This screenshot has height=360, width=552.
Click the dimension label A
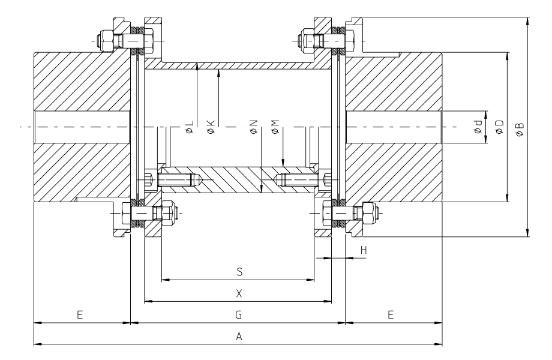(x=239, y=337)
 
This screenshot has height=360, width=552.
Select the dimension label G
(x=239, y=314)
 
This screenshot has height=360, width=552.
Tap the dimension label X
(x=239, y=293)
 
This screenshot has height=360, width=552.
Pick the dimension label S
(x=239, y=272)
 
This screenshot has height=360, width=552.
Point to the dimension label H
(x=364, y=249)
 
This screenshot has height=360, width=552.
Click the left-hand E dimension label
(x=79, y=314)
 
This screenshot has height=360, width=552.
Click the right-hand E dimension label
(x=391, y=314)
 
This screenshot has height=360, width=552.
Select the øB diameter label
(x=520, y=128)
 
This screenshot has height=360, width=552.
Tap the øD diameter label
(x=499, y=127)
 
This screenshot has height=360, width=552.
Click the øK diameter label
(x=210, y=126)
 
